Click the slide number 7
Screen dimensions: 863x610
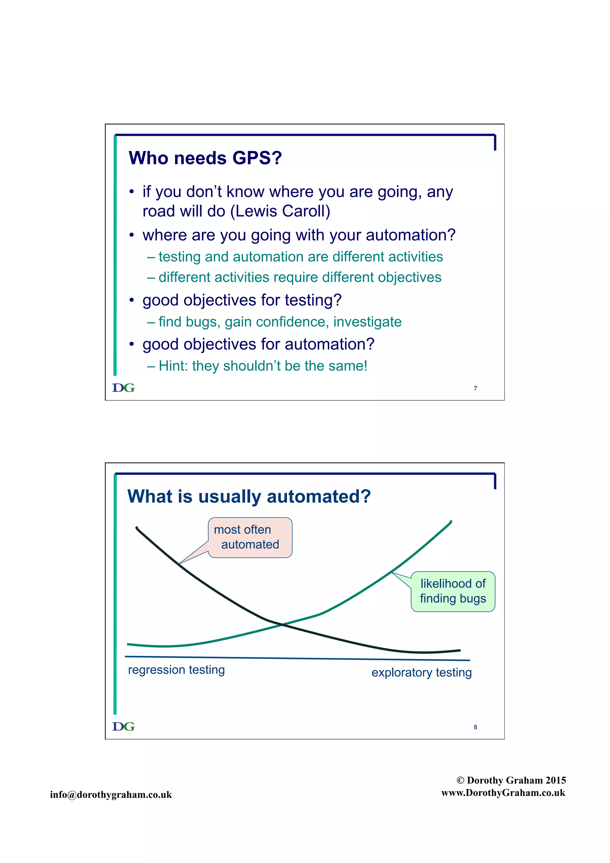click(x=475, y=388)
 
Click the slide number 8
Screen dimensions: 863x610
click(x=475, y=727)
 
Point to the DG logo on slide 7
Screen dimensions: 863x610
click(x=123, y=387)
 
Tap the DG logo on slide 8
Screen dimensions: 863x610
click(x=123, y=726)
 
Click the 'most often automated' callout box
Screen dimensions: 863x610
click(x=250, y=537)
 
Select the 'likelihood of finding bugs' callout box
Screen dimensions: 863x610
click(x=453, y=591)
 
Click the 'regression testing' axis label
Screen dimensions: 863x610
click(x=176, y=669)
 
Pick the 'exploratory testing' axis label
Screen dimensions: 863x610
click(x=421, y=672)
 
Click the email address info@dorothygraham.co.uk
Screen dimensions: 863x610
click(x=111, y=794)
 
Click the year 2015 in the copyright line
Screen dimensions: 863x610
click(x=555, y=780)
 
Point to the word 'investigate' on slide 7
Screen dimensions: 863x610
click(x=367, y=322)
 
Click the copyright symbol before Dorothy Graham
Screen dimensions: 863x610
click(x=460, y=780)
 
